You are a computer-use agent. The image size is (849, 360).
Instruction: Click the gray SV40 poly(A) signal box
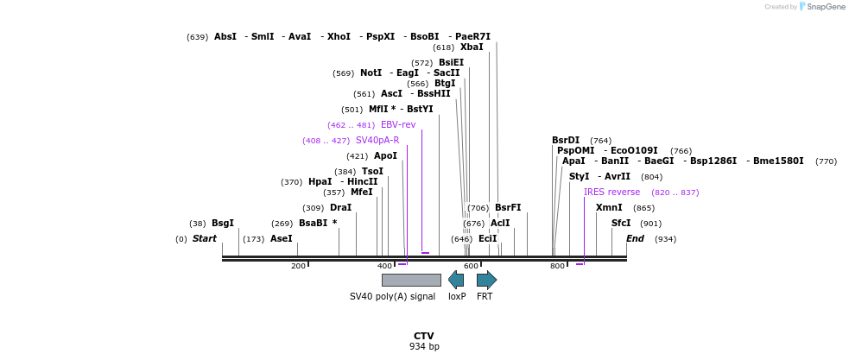411,280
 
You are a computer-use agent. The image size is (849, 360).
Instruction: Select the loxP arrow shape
456,280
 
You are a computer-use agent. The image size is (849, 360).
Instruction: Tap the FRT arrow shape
486,280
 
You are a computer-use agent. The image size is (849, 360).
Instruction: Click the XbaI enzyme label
472,47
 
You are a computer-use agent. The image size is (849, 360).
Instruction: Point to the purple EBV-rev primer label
398,124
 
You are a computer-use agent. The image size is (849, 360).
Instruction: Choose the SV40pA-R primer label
377,140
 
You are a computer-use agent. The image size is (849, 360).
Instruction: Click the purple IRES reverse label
611,192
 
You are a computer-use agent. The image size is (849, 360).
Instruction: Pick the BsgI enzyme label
223,223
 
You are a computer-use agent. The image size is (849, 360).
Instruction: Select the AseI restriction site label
282,238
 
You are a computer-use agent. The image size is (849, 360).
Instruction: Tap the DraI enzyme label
340,207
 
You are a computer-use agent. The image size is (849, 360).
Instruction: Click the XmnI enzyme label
609,207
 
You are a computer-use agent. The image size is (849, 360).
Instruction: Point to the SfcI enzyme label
621,223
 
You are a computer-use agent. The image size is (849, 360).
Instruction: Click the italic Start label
205,238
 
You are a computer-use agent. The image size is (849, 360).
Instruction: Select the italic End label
635,238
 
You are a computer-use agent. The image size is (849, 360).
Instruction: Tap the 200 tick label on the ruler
299,266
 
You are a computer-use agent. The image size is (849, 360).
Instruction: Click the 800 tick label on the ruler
558,266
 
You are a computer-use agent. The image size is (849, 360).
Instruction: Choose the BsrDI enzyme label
566,140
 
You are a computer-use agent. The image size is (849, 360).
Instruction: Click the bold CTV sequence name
423,336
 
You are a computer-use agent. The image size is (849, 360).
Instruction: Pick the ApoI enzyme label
385,155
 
